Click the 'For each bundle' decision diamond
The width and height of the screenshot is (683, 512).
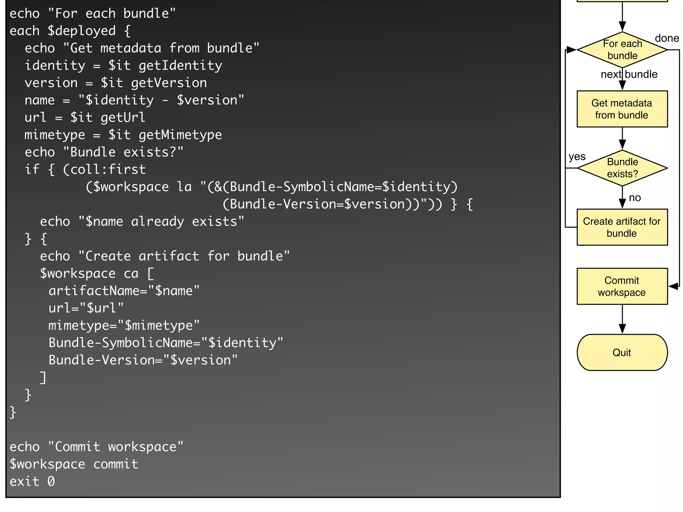622,50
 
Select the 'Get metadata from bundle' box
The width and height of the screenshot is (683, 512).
622,109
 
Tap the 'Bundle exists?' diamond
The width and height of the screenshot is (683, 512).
622,168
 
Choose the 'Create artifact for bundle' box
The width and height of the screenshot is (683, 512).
622,227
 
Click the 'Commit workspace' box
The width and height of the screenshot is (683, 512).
622,286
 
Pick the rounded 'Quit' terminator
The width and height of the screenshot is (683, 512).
622,352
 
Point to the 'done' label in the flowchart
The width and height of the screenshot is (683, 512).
667,38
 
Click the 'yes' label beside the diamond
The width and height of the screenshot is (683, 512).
577,156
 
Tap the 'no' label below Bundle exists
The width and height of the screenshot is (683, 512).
635,198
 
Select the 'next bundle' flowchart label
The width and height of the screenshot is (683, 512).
629,74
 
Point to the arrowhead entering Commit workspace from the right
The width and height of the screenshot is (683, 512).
673,286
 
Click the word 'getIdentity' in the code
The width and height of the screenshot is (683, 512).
180,66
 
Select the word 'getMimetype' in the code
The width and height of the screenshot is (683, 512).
180,135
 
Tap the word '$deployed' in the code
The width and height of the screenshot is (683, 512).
82,31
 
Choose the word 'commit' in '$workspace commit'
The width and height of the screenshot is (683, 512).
116,464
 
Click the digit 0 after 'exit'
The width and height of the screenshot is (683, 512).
51,482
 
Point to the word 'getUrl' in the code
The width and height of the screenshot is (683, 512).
123,118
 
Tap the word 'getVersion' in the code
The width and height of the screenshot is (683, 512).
169,83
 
